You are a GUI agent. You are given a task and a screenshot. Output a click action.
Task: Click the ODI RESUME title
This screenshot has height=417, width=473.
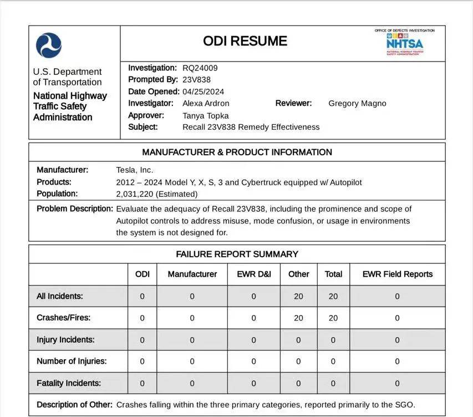[245, 41]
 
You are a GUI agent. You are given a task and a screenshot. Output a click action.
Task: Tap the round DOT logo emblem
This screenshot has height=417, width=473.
[49, 45]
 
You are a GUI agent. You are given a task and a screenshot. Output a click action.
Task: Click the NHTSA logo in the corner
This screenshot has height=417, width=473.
[404, 43]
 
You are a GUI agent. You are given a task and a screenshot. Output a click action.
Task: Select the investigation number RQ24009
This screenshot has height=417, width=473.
[200, 68]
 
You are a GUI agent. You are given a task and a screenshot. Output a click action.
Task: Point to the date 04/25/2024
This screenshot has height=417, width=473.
[204, 91]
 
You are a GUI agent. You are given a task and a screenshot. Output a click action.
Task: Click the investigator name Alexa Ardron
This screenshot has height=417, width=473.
[206, 103]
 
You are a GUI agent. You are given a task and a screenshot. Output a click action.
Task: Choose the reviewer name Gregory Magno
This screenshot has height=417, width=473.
[357, 103]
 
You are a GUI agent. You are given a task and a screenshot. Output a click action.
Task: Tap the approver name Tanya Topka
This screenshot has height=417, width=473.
[206, 115]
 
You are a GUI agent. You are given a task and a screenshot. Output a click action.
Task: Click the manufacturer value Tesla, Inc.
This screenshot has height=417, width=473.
[135, 170]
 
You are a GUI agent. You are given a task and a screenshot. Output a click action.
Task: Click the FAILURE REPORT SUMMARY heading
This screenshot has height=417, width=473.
[237, 254]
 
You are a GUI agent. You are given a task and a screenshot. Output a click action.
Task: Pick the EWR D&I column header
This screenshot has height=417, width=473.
[254, 274]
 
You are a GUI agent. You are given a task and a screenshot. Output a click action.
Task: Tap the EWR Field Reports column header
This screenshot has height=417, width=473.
[397, 274]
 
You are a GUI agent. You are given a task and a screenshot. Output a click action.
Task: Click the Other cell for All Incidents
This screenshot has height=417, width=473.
[298, 296]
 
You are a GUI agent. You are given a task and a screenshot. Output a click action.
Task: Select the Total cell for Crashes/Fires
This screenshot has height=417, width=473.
[333, 318]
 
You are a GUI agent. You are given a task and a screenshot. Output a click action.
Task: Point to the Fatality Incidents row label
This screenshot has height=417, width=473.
[69, 383]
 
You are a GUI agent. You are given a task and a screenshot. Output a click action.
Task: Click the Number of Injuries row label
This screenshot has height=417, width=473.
[72, 361]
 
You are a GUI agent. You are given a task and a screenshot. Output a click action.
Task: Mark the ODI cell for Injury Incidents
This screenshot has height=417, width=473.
[142, 339]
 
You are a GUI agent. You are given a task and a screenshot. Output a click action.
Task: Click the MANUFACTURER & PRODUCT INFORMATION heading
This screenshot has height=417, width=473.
[237, 152]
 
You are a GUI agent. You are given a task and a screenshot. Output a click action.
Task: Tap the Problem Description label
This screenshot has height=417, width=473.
[75, 209]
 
